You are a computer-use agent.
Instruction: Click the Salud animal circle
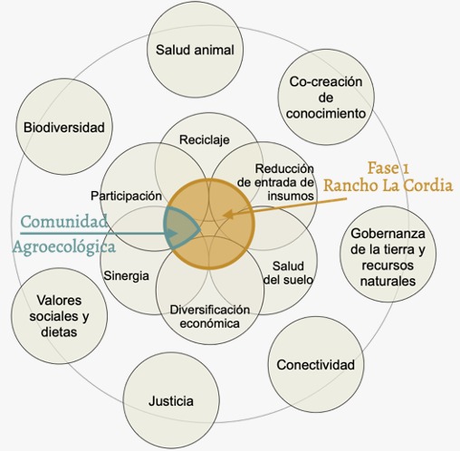point(195,50)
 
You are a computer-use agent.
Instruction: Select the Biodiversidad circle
point(64,127)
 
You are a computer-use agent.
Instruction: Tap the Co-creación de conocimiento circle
point(326,97)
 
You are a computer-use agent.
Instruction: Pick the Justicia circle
point(171,401)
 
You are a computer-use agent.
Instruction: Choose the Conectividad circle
point(316,365)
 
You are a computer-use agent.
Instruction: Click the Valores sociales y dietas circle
point(59,316)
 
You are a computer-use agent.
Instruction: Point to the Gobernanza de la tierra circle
point(388,254)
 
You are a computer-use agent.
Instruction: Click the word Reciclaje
point(205,139)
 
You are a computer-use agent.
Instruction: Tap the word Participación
point(126,197)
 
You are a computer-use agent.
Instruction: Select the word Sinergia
point(126,276)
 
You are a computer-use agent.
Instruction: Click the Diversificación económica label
point(210,316)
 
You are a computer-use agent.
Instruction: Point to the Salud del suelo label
point(288,273)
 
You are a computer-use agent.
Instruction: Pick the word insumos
point(291,196)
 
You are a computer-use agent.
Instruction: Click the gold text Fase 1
point(388,168)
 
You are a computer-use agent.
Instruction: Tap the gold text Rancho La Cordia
point(388,185)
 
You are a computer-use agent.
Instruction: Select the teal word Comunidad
point(64,221)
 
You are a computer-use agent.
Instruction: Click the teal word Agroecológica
point(64,247)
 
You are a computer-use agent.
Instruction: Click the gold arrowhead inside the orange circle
point(227,215)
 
